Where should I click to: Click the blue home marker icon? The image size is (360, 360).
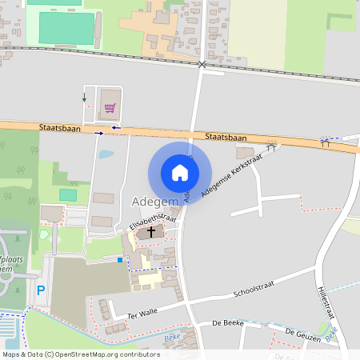(x=180, y=173)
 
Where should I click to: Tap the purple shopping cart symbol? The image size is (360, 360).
(x=109, y=107)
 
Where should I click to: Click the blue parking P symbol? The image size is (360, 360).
(x=40, y=290)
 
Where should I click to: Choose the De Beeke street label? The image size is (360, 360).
(x=227, y=323)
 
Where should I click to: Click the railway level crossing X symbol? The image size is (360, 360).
(x=202, y=63)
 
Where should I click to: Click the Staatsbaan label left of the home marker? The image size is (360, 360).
(x=56, y=127)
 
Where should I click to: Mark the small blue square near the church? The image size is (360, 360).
(x=120, y=259)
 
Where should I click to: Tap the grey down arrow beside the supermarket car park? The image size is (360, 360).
(x=84, y=98)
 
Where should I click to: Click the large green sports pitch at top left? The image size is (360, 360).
(x=66, y=27)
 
